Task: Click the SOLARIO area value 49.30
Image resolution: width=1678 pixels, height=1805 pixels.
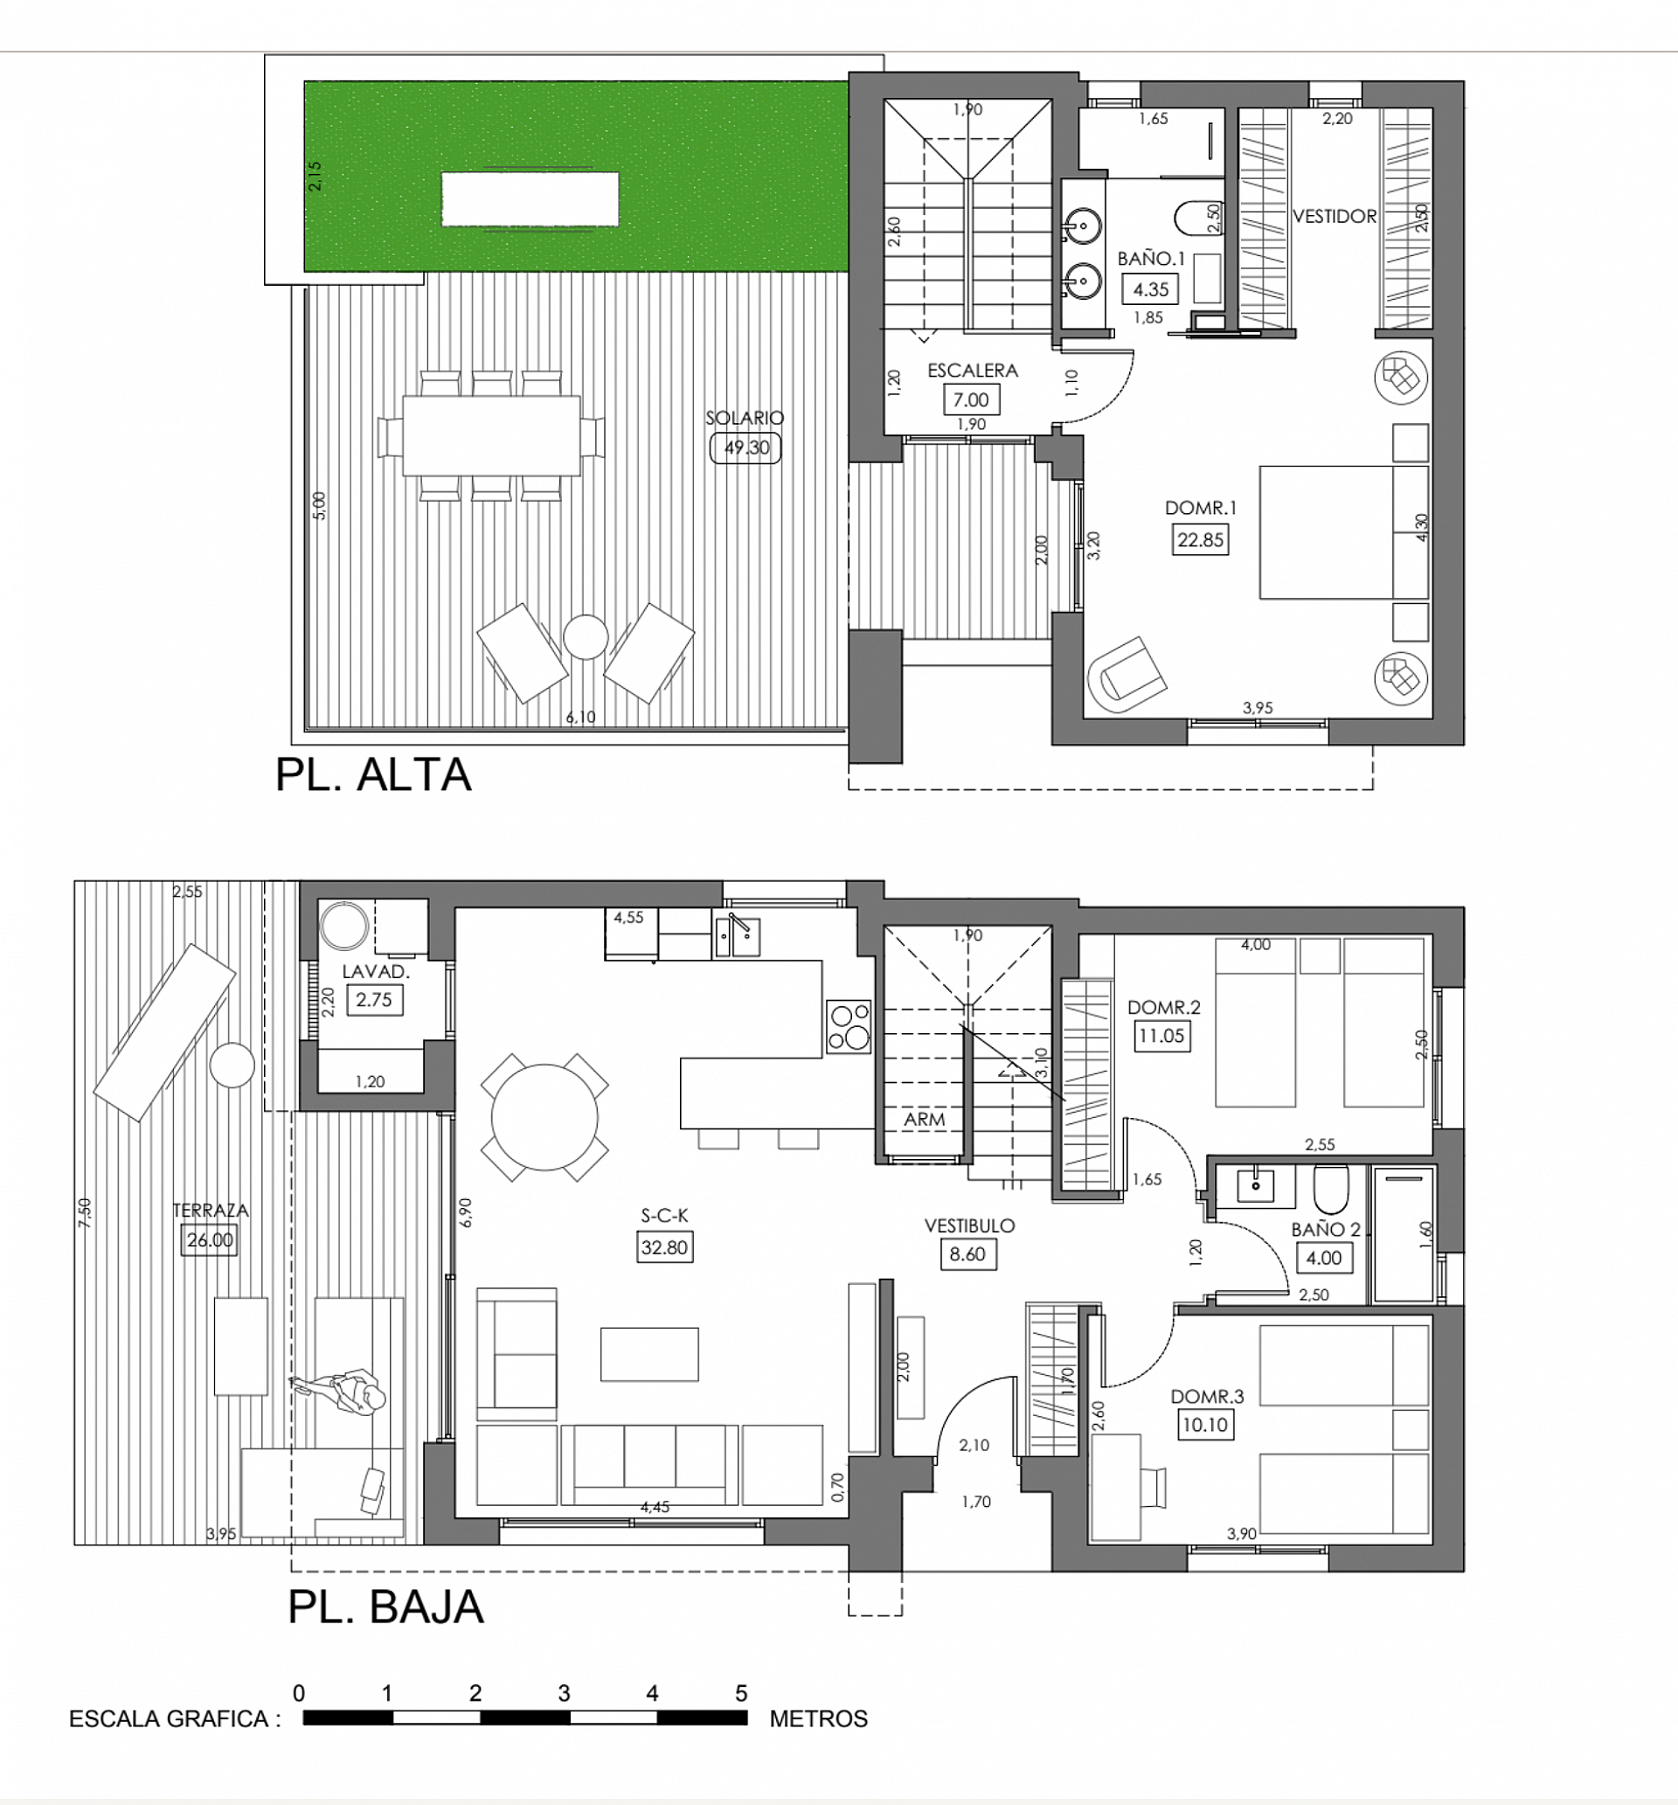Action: (x=745, y=448)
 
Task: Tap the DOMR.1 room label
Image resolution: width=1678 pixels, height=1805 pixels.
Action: (x=1201, y=508)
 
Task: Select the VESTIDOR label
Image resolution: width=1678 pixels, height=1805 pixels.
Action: (x=1334, y=216)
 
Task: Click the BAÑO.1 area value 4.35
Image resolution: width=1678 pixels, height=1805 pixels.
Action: (x=1150, y=289)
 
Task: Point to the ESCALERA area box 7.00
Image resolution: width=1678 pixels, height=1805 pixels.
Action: (x=971, y=399)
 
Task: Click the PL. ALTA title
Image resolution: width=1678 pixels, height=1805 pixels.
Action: (x=373, y=774)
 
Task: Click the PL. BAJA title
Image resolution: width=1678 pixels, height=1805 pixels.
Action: (x=386, y=1607)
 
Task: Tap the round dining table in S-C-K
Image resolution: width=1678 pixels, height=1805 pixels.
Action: (x=544, y=1117)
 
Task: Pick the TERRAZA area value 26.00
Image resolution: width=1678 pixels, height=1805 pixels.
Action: (x=210, y=1240)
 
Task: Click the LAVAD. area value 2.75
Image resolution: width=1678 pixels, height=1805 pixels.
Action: (x=374, y=1000)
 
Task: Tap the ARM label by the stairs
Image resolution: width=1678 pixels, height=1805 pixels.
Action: (x=924, y=1120)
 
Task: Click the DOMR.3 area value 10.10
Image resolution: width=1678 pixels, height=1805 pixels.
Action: (x=1205, y=1425)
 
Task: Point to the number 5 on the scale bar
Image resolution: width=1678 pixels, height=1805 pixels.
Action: (x=741, y=1693)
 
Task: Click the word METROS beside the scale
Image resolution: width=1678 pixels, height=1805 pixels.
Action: (x=818, y=1718)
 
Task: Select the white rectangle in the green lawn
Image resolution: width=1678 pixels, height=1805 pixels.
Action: (x=530, y=198)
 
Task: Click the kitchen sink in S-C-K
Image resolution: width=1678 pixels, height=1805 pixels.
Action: (x=738, y=937)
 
